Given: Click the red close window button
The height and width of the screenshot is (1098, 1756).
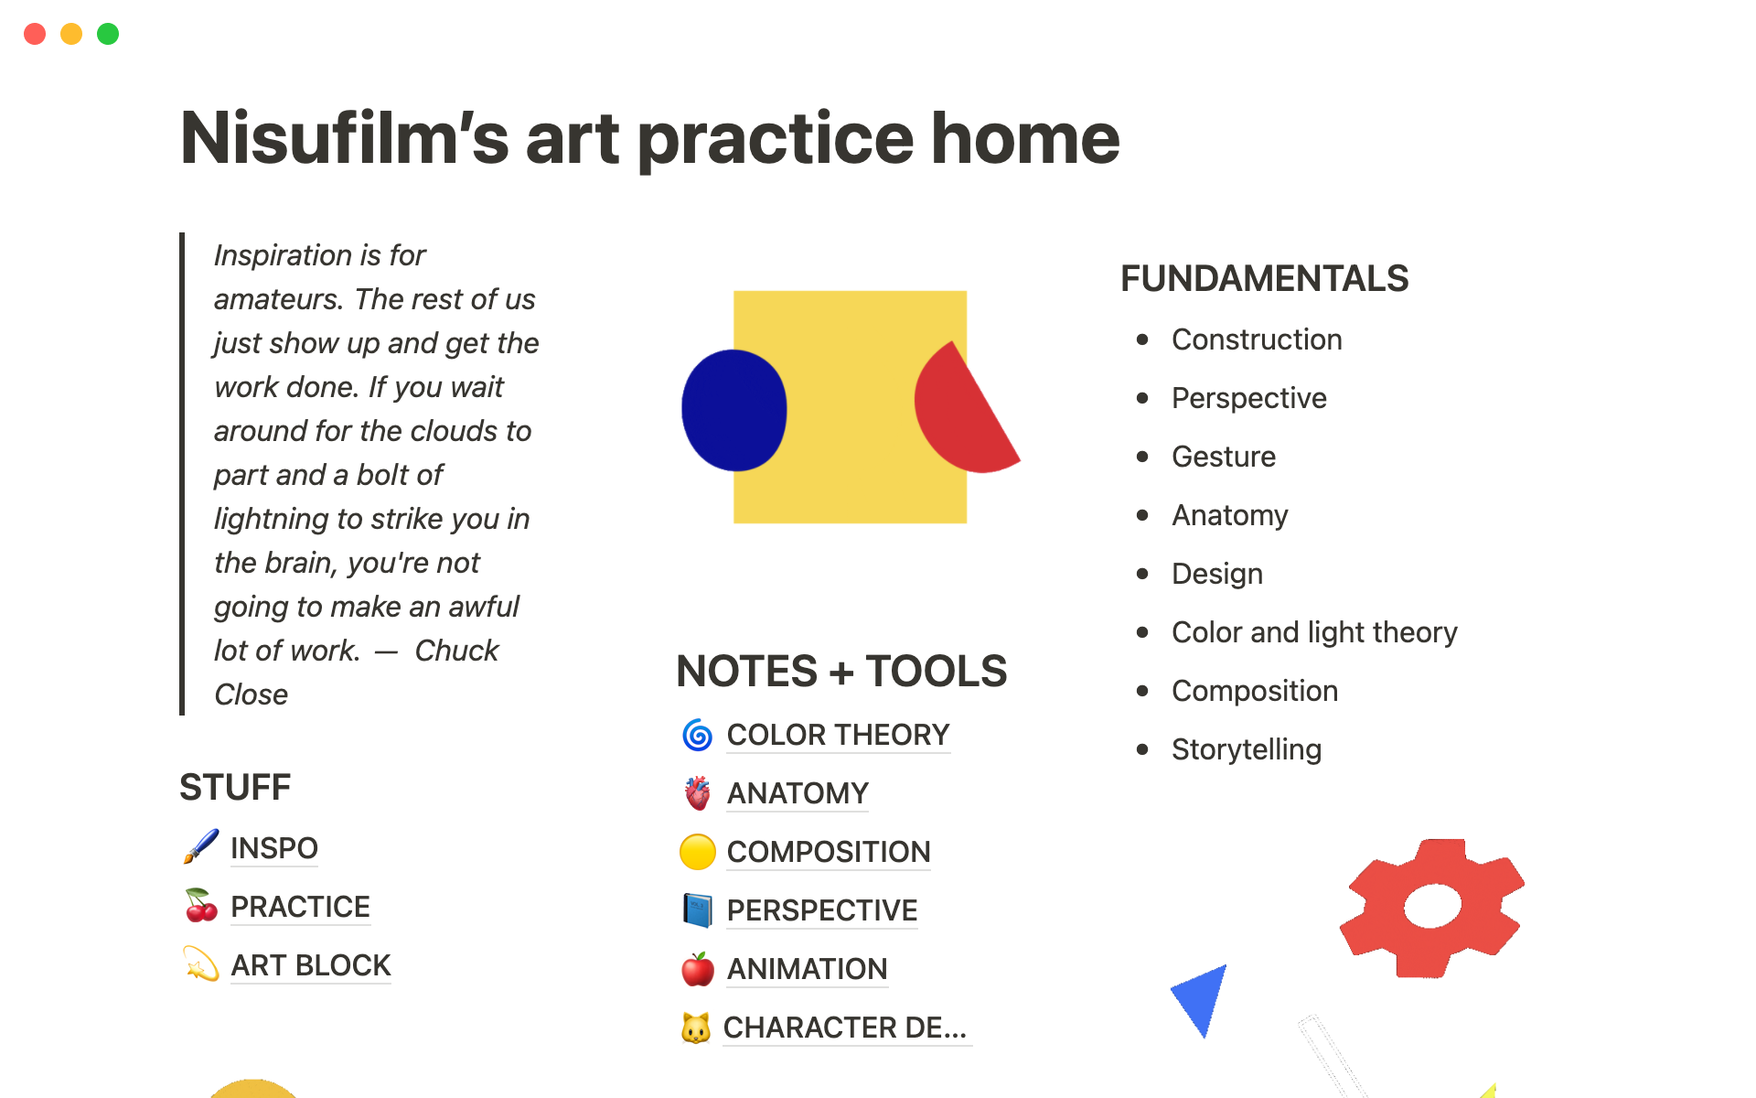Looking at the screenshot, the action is pyautogui.click(x=35, y=34).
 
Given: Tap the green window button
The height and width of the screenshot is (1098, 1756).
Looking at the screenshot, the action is pyautogui.click(x=108, y=34).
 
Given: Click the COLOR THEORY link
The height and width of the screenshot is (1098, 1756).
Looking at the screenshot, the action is pyautogui.click(x=838, y=735).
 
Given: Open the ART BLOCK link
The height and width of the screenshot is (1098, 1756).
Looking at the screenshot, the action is pyautogui.click(x=311, y=965).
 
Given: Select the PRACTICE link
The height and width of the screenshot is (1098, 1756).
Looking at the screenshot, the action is pyautogui.click(x=300, y=907).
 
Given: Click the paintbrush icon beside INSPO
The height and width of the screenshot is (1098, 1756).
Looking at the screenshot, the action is pyautogui.click(x=200, y=846).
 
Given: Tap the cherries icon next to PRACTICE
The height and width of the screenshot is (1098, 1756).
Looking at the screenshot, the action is pyautogui.click(x=201, y=905).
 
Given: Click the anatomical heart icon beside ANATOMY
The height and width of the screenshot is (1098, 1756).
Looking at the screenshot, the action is pyautogui.click(x=697, y=793).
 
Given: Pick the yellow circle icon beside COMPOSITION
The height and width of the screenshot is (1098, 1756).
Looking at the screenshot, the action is pyautogui.click(x=697, y=852).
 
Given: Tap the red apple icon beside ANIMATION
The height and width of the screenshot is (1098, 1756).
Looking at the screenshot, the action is pyautogui.click(x=697, y=969).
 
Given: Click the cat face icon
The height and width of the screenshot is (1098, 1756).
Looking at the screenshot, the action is pyautogui.click(x=696, y=1028).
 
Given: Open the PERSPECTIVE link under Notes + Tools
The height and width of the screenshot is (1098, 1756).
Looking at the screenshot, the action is pyautogui.click(x=822, y=910).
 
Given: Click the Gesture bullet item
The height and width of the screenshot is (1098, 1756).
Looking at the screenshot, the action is pyautogui.click(x=1224, y=457).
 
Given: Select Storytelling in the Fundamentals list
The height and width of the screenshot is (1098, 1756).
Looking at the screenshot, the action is pyautogui.click(x=1247, y=749).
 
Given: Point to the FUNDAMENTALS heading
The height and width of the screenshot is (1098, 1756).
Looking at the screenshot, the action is pyautogui.click(x=1265, y=278).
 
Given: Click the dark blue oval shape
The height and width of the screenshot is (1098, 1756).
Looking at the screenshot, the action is pyautogui.click(x=733, y=410).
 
